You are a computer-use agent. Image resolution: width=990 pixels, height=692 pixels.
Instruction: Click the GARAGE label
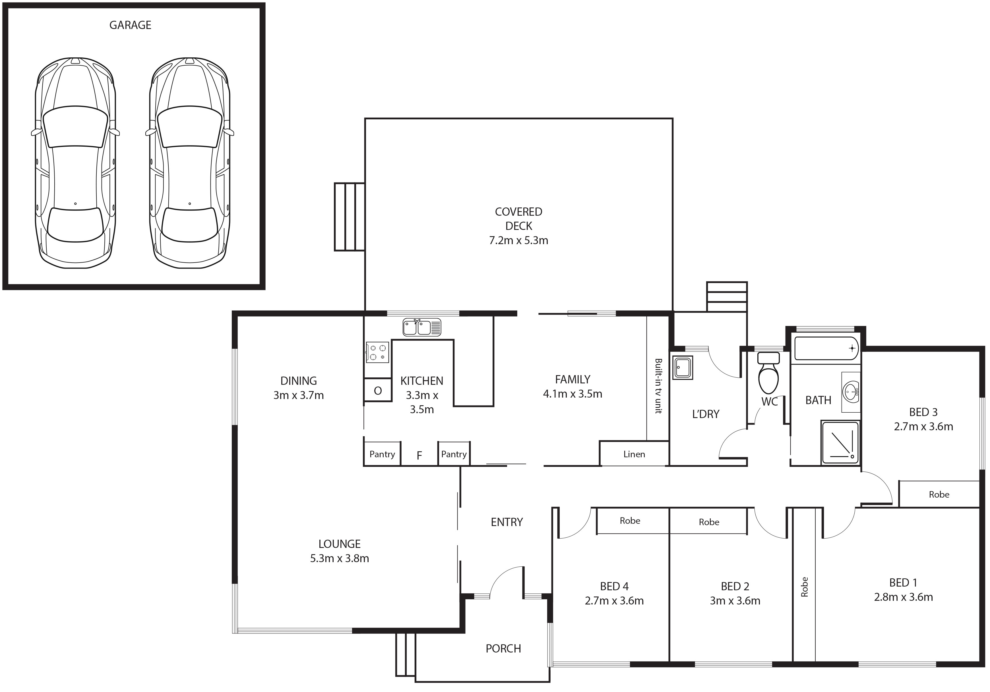coord(130,25)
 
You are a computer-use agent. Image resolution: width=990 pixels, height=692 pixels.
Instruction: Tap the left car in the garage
coord(75,163)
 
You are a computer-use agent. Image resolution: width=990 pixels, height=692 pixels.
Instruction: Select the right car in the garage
coord(190,163)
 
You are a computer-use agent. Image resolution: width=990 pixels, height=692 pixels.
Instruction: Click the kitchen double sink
coord(422,327)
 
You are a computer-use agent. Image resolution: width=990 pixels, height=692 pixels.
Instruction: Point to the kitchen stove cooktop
coord(377,352)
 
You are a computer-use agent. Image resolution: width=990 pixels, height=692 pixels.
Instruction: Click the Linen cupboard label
coord(634,454)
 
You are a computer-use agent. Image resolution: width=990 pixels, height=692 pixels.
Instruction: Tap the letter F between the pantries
coord(419,456)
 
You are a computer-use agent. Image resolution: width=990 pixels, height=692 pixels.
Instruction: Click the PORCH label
coord(503,649)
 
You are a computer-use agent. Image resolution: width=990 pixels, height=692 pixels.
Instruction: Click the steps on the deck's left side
coord(350,217)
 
